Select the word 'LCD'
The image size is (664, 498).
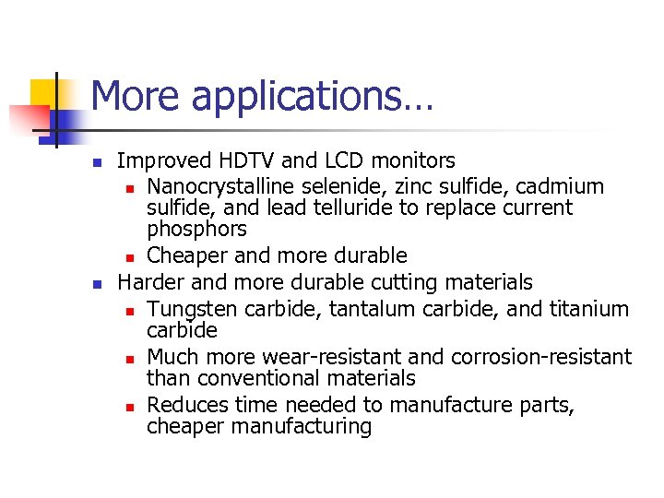[335, 162]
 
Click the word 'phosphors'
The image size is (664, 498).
[196, 229]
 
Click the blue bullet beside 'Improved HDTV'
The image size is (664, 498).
[97, 164]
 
